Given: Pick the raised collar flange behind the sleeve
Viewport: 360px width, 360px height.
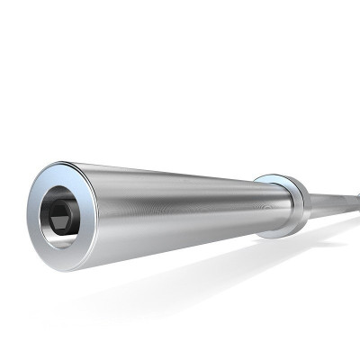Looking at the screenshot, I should (x=286, y=205).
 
